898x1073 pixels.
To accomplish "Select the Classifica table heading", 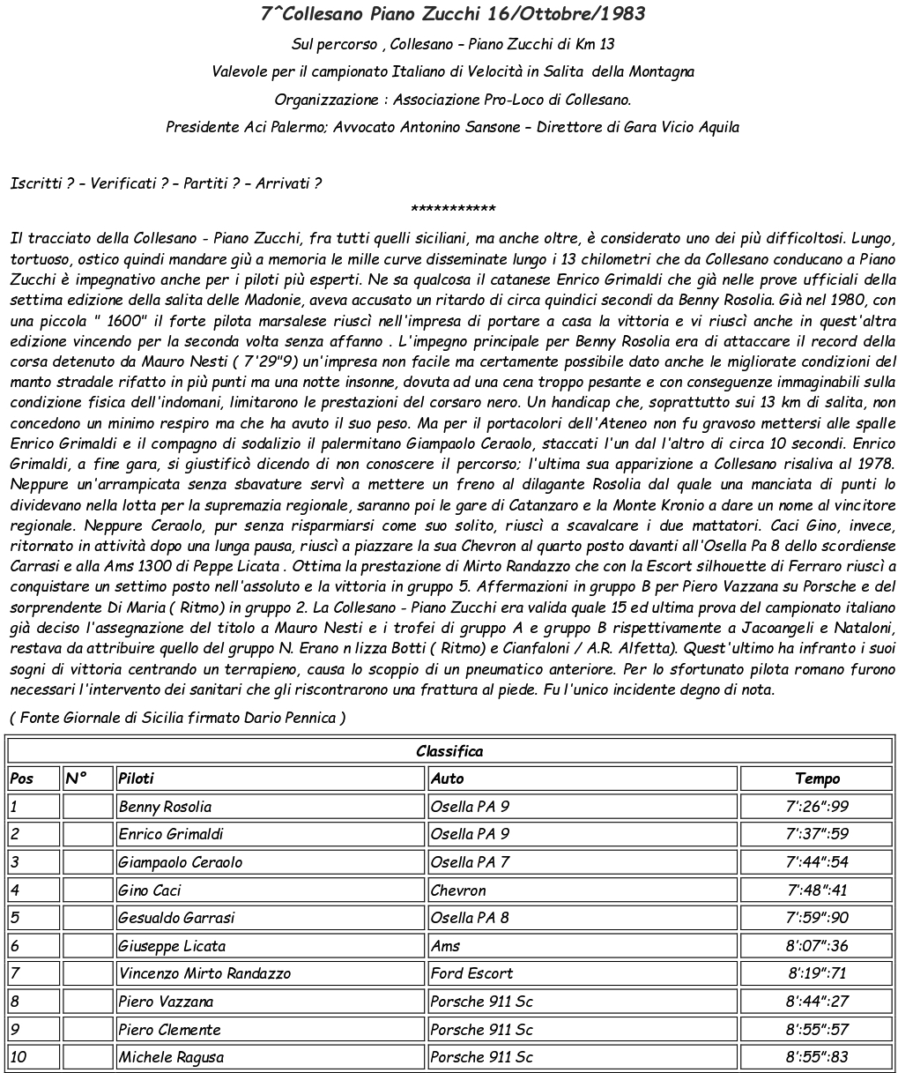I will (449, 751).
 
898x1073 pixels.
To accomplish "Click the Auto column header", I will (447, 779).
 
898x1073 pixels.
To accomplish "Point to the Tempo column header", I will (817, 779).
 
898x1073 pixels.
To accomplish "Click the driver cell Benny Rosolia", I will (165, 807).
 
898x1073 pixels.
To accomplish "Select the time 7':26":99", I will (817, 807).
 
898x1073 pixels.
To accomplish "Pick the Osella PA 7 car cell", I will (470, 862).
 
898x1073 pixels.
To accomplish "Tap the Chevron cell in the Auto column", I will (458, 890).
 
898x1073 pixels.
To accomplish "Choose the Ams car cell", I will (445, 946).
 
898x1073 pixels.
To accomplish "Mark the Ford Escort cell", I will (471, 973).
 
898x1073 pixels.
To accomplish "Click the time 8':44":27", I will (817, 1002).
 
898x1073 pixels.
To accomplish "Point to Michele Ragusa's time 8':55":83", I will (817, 1057).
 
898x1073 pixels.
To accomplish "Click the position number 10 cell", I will (19, 1057).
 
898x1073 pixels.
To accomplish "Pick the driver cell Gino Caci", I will (150, 890).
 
